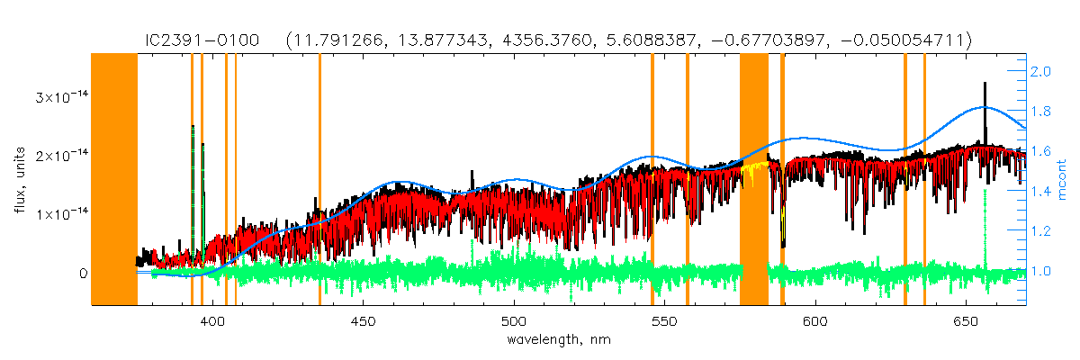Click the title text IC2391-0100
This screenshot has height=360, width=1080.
(x=204, y=40)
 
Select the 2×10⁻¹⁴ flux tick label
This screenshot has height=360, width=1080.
(x=59, y=156)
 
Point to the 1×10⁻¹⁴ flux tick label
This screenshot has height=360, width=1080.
(x=59, y=214)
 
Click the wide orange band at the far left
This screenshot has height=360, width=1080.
(x=114, y=180)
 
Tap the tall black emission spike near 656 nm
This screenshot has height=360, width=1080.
(x=985, y=99)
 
